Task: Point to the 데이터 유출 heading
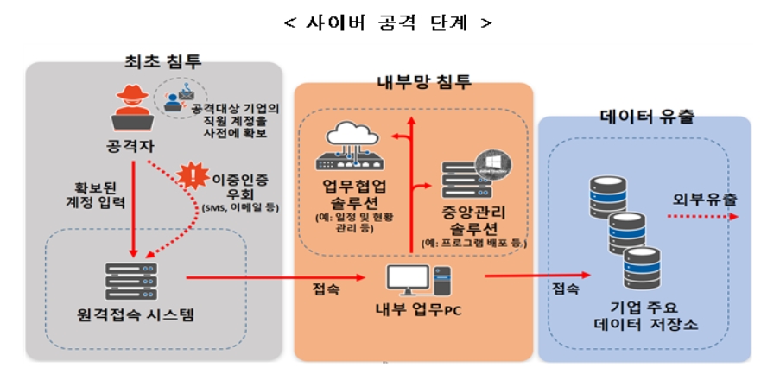tap(646, 115)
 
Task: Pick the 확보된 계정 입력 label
tap(95, 194)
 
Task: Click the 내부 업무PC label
tap(415, 312)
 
